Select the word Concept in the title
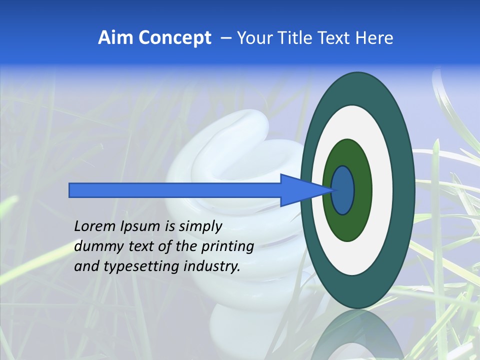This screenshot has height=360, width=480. [174, 38]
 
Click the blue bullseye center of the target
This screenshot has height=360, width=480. [343, 190]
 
